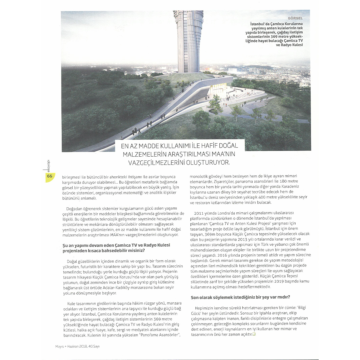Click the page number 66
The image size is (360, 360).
click(49, 176)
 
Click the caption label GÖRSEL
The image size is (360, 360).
click(295, 18)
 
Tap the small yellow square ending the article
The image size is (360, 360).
click(254, 334)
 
